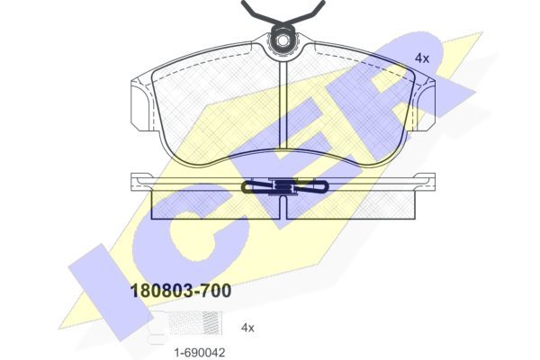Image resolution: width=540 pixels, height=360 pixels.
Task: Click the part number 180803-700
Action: click(x=181, y=291)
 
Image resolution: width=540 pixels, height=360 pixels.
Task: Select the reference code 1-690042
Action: click(x=200, y=353)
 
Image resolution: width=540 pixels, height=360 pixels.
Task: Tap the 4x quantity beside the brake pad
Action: click(x=422, y=58)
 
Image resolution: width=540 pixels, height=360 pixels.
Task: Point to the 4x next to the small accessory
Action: click(x=247, y=328)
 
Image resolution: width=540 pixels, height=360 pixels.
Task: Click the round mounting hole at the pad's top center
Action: click(x=283, y=40)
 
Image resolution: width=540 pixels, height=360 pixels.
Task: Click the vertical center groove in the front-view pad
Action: click(x=283, y=103)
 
